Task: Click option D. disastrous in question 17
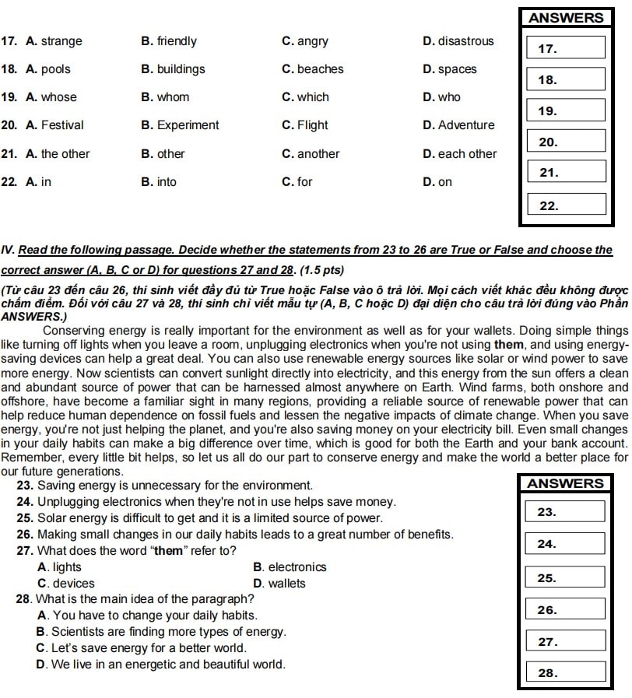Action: [458, 41]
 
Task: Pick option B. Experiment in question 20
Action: [180, 125]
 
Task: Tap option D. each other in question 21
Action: [459, 154]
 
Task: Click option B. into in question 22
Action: [159, 182]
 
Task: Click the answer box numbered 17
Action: [566, 48]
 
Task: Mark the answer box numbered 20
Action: [566, 142]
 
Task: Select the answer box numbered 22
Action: [566, 205]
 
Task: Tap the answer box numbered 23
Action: [565, 512]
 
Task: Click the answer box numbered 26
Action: [565, 610]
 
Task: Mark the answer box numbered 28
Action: [565, 673]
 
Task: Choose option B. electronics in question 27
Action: [290, 567]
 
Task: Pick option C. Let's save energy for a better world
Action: [141, 648]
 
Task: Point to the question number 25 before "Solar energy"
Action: [23, 517]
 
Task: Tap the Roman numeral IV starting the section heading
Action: [9, 250]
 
